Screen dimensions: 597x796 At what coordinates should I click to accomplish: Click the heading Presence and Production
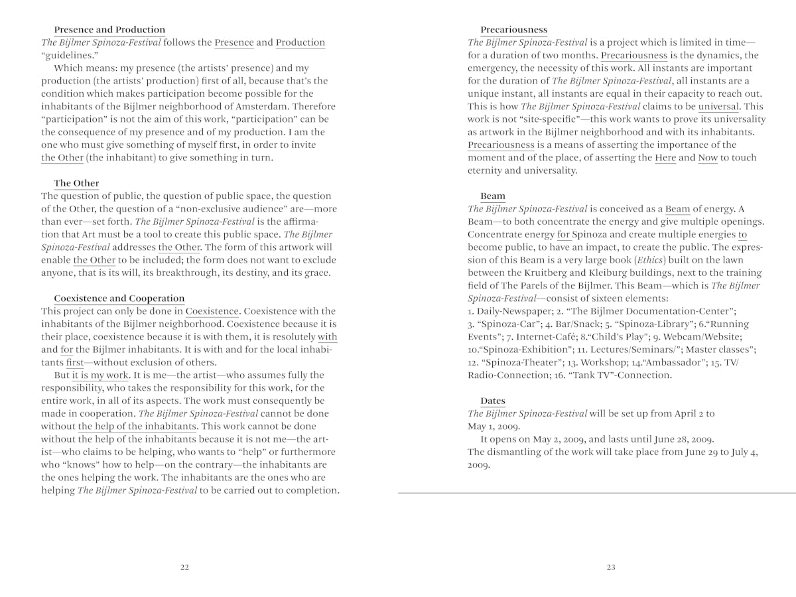point(109,30)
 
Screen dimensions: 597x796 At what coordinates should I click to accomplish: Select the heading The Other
point(76,183)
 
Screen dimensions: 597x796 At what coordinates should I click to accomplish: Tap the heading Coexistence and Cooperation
point(119,298)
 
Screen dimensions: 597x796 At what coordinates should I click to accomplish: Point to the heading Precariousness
point(513,30)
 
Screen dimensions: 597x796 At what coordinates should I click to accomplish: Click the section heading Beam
point(492,196)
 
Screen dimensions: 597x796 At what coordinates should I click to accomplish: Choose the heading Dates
point(492,401)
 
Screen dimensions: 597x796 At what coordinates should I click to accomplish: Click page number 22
point(184,567)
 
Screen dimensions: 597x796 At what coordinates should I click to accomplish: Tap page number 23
point(611,567)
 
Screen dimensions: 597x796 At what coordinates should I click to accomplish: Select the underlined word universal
point(718,106)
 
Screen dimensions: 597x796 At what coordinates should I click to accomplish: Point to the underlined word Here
point(665,158)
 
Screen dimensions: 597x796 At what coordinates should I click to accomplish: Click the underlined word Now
point(707,158)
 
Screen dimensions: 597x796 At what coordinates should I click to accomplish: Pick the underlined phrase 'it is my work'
point(100,375)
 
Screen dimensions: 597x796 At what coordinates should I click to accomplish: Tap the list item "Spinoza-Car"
point(509,324)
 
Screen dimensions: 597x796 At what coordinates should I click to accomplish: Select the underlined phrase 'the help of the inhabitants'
point(137,427)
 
